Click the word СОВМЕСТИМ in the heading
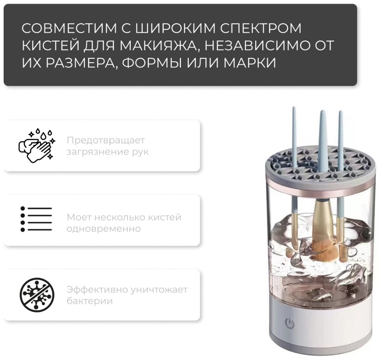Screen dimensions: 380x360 pyautogui.click(x=69, y=28)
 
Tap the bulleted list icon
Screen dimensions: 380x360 pyautogui.click(x=36, y=219)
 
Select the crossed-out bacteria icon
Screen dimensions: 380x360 pyautogui.click(x=37, y=295)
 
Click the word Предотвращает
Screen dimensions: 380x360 pyautogui.click(x=106, y=140)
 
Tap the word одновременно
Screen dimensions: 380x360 pyautogui.click(x=104, y=229)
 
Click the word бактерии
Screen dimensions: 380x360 pyautogui.click(x=90, y=301)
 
